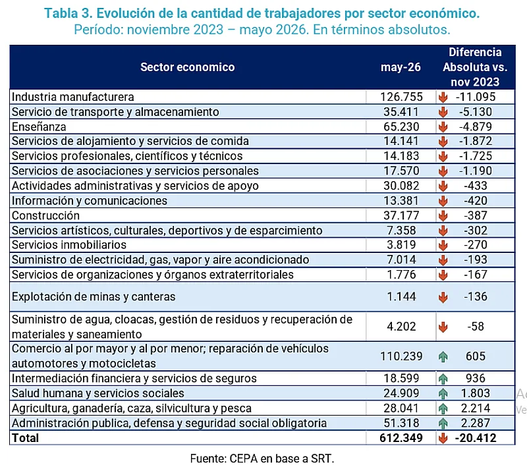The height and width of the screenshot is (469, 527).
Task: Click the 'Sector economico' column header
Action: pos(187,67)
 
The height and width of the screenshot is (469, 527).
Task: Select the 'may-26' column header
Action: pos(401,67)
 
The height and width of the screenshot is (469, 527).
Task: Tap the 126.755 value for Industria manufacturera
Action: pos(401,97)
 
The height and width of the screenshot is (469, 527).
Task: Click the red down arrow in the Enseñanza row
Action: pos(443,126)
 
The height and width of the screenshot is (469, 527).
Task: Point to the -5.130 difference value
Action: pos(475,111)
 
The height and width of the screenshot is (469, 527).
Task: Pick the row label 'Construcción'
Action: pos(45,215)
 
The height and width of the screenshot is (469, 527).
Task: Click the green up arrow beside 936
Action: pos(443,379)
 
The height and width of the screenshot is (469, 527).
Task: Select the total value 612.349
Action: pos(401,438)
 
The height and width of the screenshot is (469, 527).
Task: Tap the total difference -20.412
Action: pos(475,438)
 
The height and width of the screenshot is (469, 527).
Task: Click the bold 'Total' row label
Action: pos(25,438)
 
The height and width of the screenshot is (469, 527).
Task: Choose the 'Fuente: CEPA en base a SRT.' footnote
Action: pos(262,458)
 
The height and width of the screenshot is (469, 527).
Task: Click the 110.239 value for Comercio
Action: pos(401,356)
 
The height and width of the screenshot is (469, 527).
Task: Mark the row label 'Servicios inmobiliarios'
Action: pos(69,245)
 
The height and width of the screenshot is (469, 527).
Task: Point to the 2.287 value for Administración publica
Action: pos(475,423)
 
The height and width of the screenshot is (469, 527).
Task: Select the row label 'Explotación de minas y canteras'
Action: pos(94,296)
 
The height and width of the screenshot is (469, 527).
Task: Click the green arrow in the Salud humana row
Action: pos(443,393)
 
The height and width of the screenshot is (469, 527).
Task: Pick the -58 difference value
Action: pos(475,327)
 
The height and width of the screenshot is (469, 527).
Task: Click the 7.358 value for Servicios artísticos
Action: pos(401,231)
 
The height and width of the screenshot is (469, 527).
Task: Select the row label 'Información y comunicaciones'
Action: pos(90,200)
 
